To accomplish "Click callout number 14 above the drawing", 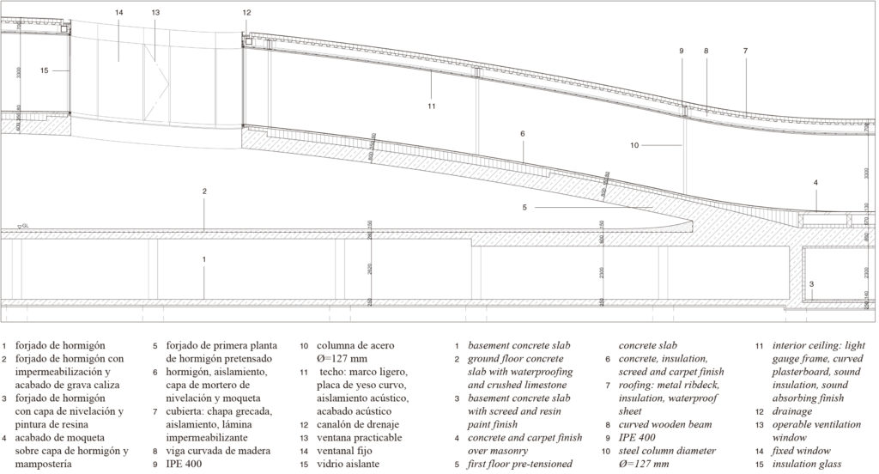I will click(x=118, y=13).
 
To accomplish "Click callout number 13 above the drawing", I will click(x=155, y=13).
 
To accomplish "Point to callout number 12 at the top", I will click(x=247, y=13).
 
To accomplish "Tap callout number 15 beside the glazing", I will click(x=45, y=70).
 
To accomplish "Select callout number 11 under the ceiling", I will click(x=431, y=106).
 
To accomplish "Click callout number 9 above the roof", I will click(x=682, y=52).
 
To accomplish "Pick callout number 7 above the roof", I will click(x=745, y=52).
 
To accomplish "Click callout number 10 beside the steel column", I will click(x=634, y=145).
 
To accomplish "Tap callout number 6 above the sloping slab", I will click(x=521, y=134).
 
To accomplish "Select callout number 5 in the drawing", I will click(x=524, y=206).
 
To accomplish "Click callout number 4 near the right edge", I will click(x=815, y=182).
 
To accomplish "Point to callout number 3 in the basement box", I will click(x=811, y=283).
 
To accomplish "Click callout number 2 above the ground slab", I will click(x=204, y=191).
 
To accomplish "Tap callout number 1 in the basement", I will click(x=204, y=258).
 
